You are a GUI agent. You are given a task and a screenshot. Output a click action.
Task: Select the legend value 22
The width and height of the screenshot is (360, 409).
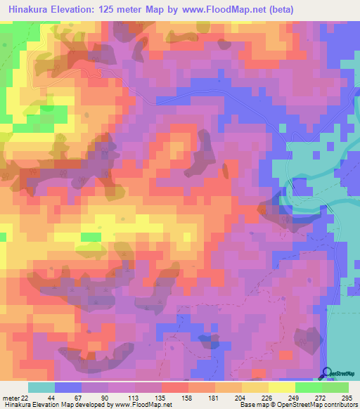25,397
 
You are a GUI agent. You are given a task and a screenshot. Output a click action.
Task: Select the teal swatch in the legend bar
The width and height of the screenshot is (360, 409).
41,387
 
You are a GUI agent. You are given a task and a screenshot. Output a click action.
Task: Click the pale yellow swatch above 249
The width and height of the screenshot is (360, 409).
281,387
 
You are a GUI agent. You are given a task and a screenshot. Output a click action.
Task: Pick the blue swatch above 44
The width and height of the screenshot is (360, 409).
68,387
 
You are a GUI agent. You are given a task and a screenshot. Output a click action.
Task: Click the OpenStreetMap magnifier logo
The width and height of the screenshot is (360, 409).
327,373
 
